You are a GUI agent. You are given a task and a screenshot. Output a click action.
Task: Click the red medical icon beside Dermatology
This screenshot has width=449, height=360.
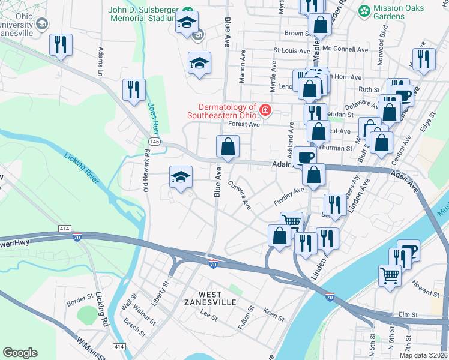[x=265, y=110]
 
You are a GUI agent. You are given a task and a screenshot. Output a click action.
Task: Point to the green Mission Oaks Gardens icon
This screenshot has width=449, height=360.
[x=364, y=11]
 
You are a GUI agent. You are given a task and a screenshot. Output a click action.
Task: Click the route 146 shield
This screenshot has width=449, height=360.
[x=154, y=140]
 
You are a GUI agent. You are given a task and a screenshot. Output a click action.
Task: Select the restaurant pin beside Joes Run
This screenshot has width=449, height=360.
[x=134, y=90]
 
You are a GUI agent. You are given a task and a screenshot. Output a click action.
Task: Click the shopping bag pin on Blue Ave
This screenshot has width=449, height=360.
[x=228, y=146]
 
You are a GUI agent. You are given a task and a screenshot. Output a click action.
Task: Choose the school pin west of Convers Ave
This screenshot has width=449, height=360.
[x=181, y=177]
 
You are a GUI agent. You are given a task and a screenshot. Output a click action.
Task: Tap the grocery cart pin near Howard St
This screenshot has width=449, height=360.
[x=390, y=275]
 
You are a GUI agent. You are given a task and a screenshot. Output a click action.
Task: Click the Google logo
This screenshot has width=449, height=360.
[x=20, y=352]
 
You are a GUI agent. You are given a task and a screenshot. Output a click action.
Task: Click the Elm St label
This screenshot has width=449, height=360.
[x=408, y=314]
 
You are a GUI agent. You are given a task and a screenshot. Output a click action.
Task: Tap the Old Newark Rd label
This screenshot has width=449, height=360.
[x=146, y=175]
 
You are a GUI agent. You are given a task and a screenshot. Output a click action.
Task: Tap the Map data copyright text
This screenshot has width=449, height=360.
[x=423, y=355]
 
